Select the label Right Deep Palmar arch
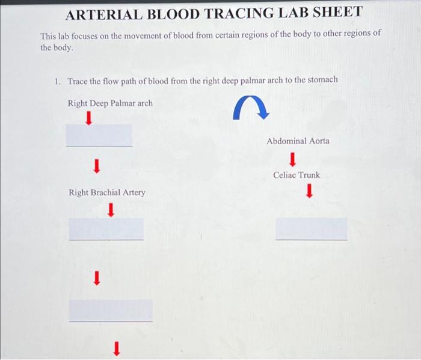(110, 103)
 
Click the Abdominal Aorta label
(298, 141)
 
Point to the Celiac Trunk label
(297, 175)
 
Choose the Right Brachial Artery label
(106, 192)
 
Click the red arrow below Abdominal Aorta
(292, 159)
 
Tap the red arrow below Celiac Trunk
(309, 191)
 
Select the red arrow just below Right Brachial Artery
(111, 210)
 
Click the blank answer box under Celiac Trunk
(311, 229)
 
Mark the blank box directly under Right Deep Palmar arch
(99, 135)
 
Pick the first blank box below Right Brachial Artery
(106, 228)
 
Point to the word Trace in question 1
(78, 80)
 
